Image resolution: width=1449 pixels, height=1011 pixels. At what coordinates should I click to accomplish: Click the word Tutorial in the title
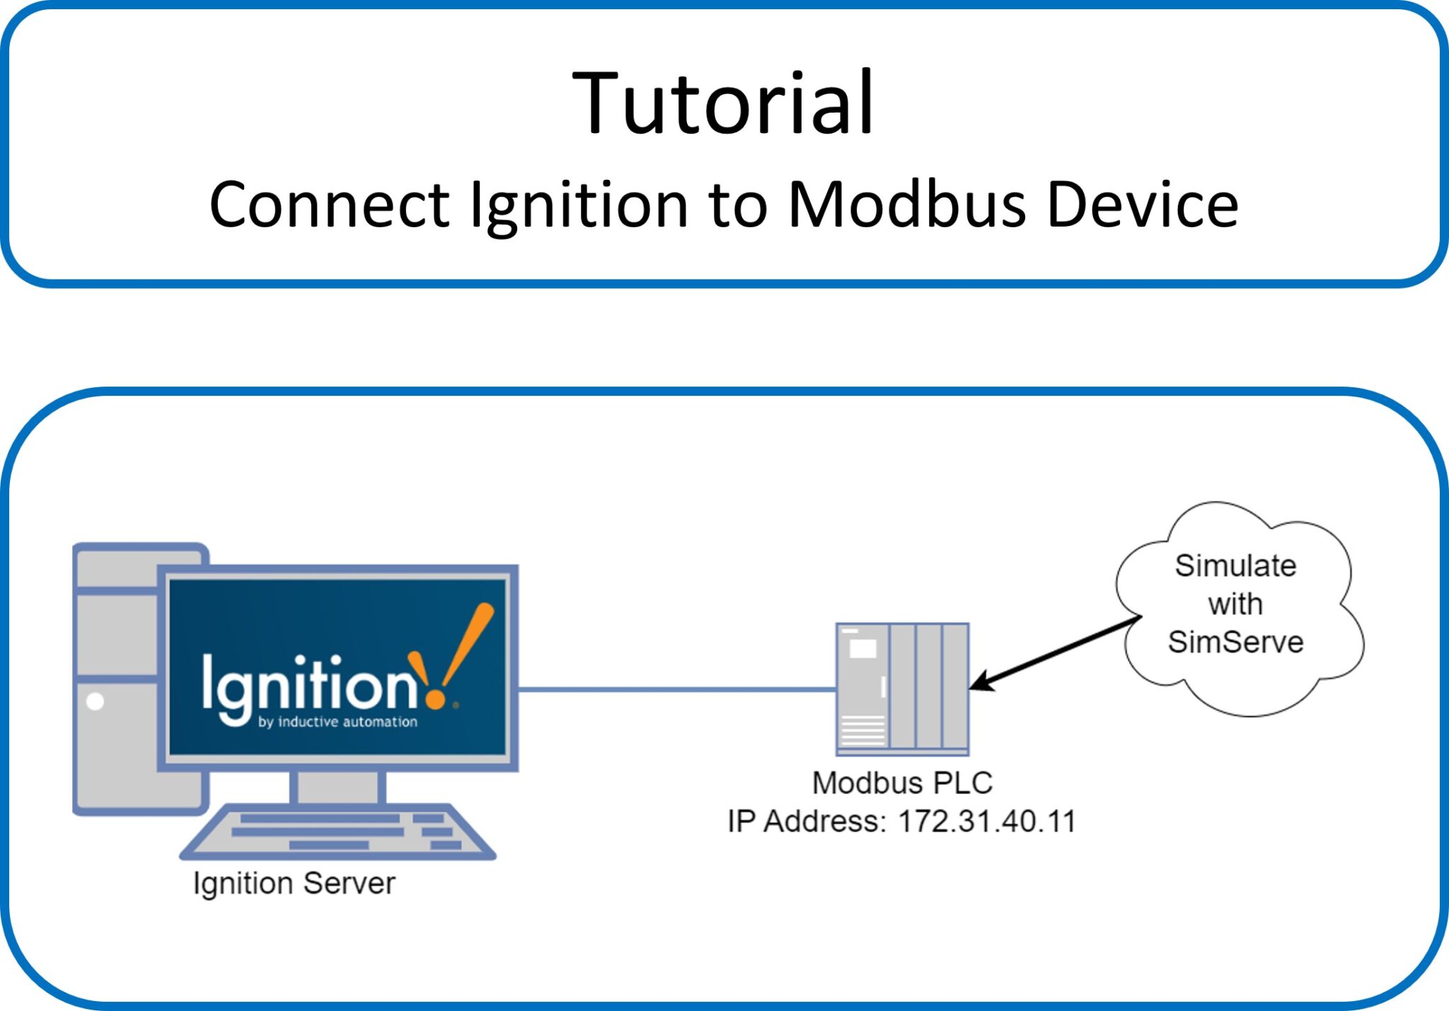point(723,103)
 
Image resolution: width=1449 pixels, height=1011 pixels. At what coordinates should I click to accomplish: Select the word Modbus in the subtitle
point(906,205)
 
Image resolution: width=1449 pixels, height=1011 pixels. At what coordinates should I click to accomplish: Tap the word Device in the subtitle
point(1142,205)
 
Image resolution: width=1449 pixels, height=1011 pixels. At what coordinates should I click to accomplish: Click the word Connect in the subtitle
point(329,205)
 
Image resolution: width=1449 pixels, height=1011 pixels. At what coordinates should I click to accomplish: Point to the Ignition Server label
point(294,884)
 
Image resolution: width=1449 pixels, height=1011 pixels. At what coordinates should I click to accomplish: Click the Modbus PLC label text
point(902,783)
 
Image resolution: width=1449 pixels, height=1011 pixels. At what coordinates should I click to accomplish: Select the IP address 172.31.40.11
point(986,821)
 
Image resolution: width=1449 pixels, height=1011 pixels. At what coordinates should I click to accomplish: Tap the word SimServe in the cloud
point(1235,642)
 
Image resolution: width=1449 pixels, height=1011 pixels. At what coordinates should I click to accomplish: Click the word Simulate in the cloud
point(1235,566)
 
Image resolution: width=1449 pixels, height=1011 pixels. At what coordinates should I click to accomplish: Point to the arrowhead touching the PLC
point(980,684)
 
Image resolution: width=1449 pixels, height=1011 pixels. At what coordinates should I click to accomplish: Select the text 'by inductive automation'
point(337,722)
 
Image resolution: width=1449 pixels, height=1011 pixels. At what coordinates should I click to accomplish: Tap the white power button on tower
point(95,701)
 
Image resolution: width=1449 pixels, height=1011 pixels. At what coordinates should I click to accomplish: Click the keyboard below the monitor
point(337,832)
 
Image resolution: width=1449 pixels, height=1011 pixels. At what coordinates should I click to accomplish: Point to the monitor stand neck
point(337,787)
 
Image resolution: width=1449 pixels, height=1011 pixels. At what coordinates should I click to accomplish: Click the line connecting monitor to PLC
point(676,689)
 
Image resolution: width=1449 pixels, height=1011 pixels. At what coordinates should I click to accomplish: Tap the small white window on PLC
point(862,648)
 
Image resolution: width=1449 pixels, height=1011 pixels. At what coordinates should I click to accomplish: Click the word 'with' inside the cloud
point(1235,604)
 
